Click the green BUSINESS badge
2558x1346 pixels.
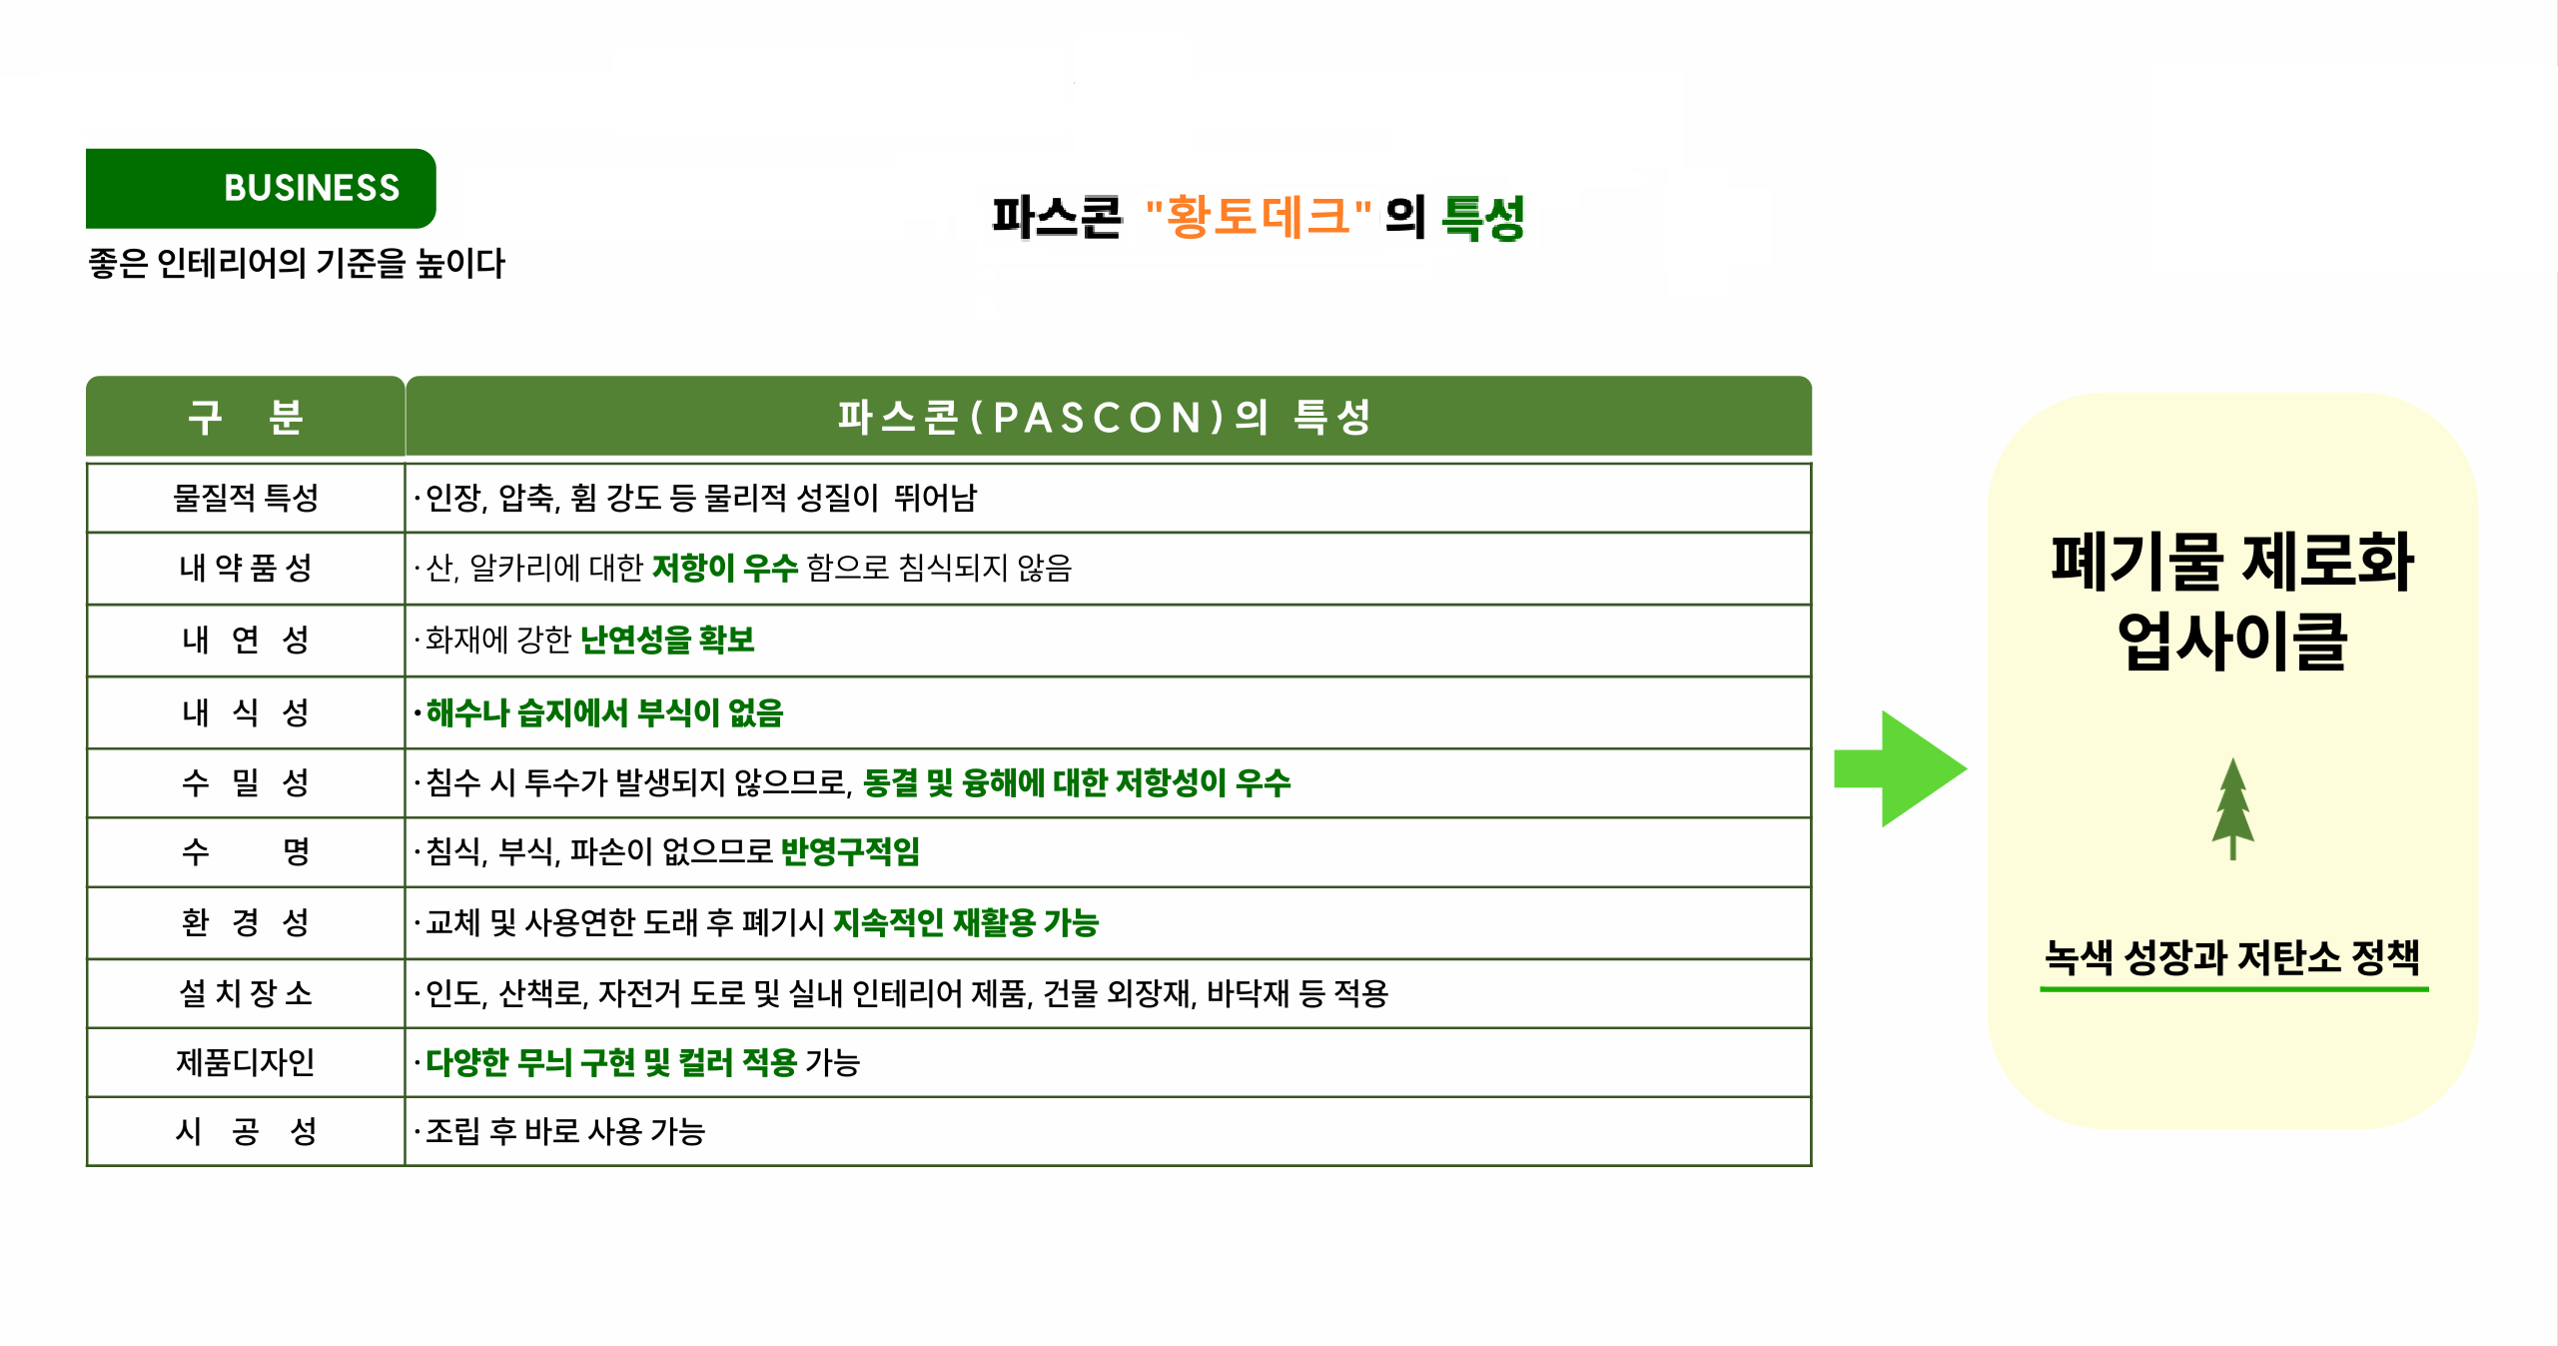(x=261, y=188)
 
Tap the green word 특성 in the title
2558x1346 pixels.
(x=1483, y=217)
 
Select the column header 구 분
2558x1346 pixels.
(x=246, y=417)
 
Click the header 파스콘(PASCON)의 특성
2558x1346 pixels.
(x=1105, y=417)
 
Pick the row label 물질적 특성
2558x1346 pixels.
(x=246, y=498)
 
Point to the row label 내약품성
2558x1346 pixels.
(x=246, y=568)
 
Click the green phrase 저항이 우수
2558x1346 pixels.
(x=725, y=568)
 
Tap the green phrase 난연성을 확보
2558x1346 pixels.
(x=667, y=640)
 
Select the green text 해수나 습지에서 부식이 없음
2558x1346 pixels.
(x=604, y=712)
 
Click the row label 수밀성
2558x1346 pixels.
(x=246, y=782)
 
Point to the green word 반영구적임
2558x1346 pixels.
(x=850, y=851)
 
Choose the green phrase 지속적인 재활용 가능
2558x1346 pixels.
(x=966, y=922)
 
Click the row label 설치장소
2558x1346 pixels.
(x=246, y=993)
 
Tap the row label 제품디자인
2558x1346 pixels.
(x=246, y=1062)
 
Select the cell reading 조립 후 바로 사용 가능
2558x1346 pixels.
(x=565, y=1131)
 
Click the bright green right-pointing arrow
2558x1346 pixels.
(x=1901, y=768)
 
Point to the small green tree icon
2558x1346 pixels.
(x=2232, y=808)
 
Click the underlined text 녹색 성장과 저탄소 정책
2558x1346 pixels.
(x=2232, y=957)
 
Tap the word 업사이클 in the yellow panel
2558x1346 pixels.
(x=2232, y=641)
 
